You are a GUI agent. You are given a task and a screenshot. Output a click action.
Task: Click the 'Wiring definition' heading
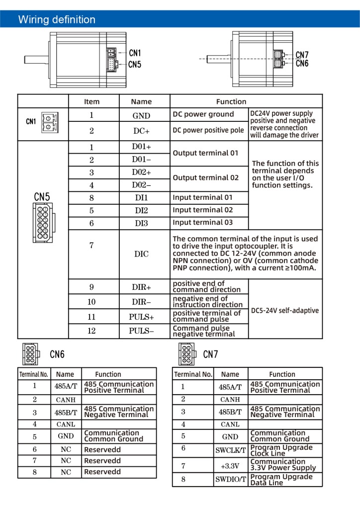coord(57,19)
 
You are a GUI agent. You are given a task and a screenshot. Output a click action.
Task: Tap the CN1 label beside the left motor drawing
coord(135,53)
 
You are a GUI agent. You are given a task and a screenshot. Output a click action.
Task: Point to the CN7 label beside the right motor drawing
coord(302,55)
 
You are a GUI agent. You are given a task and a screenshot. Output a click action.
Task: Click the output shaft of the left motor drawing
coord(37,60)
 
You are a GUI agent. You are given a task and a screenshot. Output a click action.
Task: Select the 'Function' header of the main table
coord(231,101)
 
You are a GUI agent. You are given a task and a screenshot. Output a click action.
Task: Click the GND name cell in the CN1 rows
coord(141,115)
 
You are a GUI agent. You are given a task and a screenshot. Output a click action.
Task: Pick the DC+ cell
coord(142,131)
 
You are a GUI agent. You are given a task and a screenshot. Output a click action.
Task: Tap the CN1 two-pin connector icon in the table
coord(50,122)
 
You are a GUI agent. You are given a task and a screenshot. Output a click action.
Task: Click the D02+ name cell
coord(142,172)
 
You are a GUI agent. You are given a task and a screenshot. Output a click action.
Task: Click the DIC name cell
coord(142,254)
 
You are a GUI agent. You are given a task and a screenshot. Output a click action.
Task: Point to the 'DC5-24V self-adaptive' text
coord(285,310)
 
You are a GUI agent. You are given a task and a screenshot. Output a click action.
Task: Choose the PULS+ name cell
coord(142,317)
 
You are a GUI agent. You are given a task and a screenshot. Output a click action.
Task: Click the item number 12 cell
coord(91,331)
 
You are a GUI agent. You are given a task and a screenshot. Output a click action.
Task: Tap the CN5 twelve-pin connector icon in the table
coord(43,223)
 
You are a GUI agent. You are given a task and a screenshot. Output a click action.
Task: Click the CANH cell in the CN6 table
coord(66,400)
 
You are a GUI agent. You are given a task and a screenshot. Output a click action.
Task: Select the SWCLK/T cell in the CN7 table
coord(231,450)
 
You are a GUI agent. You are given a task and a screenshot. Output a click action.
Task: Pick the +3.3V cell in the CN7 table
coord(230,466)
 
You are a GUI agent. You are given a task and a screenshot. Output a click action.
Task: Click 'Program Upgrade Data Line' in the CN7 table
coord(281,480)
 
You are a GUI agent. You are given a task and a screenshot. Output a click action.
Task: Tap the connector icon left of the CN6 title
coord(31,354)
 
